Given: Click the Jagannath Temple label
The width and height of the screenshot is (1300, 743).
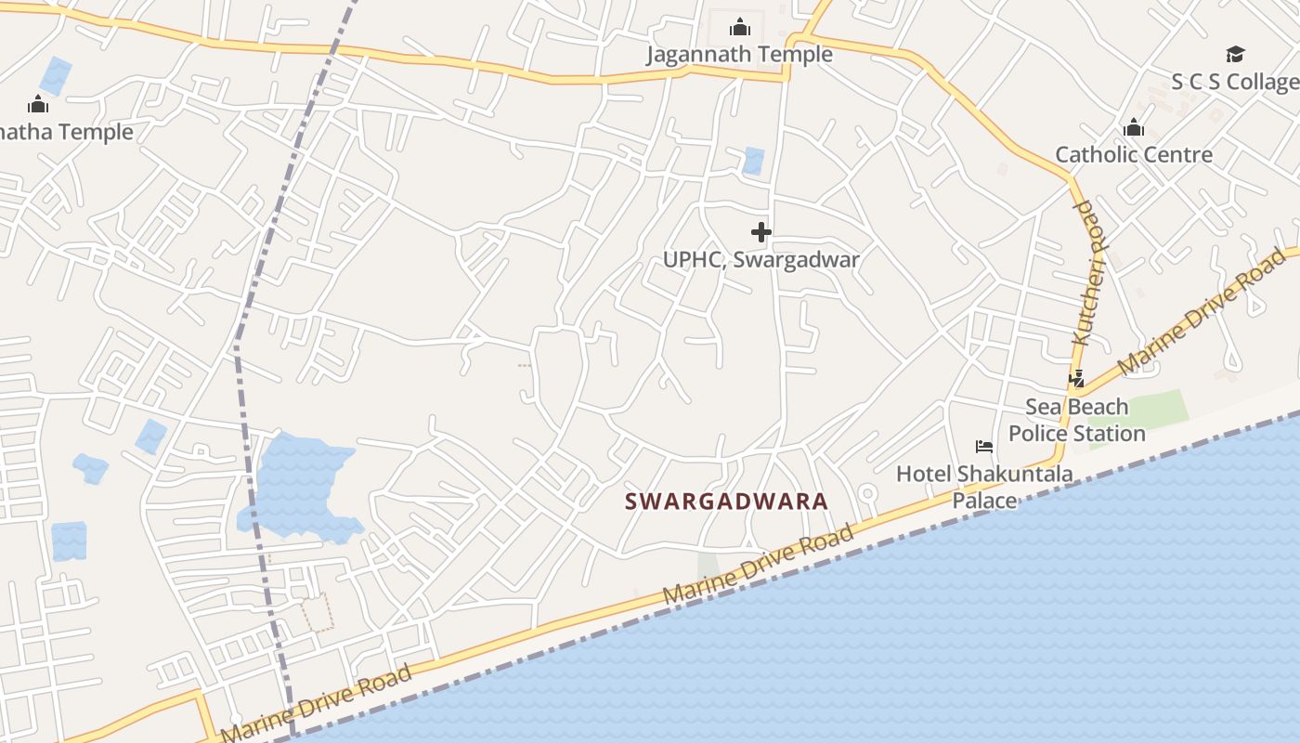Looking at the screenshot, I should tap(739, 55).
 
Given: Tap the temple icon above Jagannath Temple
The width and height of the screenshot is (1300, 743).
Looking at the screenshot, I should tap(740, 27).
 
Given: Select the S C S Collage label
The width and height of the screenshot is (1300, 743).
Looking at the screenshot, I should tap(1234, 82).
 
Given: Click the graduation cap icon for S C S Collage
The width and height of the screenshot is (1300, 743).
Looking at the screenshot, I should tap(1235, 54).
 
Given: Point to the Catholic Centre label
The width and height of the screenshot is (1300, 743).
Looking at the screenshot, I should tap(1134, 154).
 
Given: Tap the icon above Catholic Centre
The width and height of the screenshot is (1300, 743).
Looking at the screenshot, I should tap(1134, 127).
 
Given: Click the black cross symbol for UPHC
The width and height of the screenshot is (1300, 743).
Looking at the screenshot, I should tap(761, 231).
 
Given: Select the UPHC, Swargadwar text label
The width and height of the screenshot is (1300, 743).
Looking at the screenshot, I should tap(761, 260).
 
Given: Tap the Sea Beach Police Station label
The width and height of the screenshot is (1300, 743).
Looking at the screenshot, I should tap(1077, 420).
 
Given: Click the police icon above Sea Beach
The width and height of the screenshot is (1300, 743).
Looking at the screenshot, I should tap(1077, 379).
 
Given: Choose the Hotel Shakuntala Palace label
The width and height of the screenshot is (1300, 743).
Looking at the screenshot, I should tap(984, 487).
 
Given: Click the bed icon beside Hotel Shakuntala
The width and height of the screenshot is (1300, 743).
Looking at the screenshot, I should tap(984, 447).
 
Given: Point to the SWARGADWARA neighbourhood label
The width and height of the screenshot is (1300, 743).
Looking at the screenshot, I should tap(726, 502).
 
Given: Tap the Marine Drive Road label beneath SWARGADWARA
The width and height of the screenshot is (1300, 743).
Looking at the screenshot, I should tap(759, 567).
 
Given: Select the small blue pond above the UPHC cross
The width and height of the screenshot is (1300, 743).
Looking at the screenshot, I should tap(753, 161).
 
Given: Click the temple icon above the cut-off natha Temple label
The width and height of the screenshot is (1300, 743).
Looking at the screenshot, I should tap(38, 104).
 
